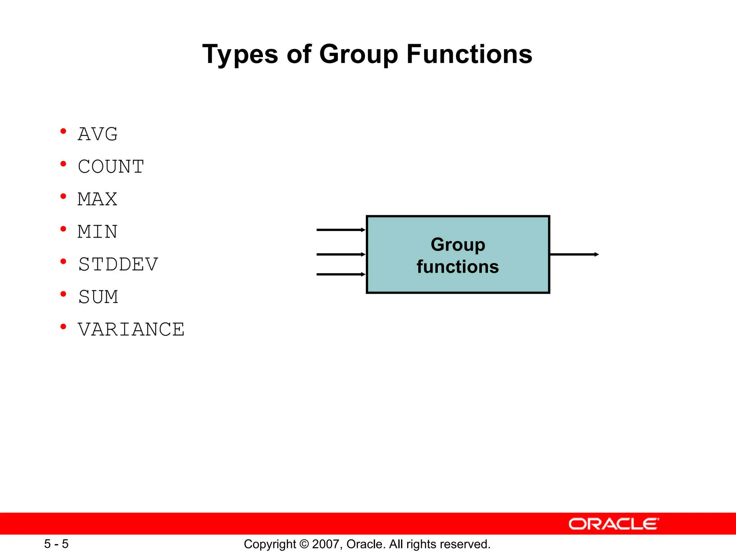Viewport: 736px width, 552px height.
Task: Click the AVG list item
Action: pyautogui.click(x=98, y=134)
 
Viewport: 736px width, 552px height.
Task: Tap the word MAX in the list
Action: pyautogui.click(x=97, y=199)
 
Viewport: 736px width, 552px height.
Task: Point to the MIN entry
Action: pyautogui.click(x=97, y=232)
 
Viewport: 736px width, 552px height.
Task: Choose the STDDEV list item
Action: pyautogui.click(x=118, y=264)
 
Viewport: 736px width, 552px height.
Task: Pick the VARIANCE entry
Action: pyautogui.click(x=131, y=330)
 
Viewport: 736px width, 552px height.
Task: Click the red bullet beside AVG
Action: pyautogui.click(x=63, y=131)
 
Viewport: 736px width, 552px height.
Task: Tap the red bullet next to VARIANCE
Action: pyautogui.click(x=63, y=326)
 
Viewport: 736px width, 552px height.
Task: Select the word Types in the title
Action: pyautogui.click(x=240, y=54)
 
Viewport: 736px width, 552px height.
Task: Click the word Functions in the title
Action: pyautogui.click(x=469, y=54)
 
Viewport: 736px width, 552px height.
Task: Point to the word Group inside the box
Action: pyautogui.click(x=458, y=245)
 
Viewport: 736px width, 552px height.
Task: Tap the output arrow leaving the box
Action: pyautogui.click(x=574, y=254)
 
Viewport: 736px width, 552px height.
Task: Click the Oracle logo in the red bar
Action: pyautogui.click(x=613, y=524)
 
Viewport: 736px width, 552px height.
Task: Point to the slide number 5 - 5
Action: pyautogui.click(x=56, y=544)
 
